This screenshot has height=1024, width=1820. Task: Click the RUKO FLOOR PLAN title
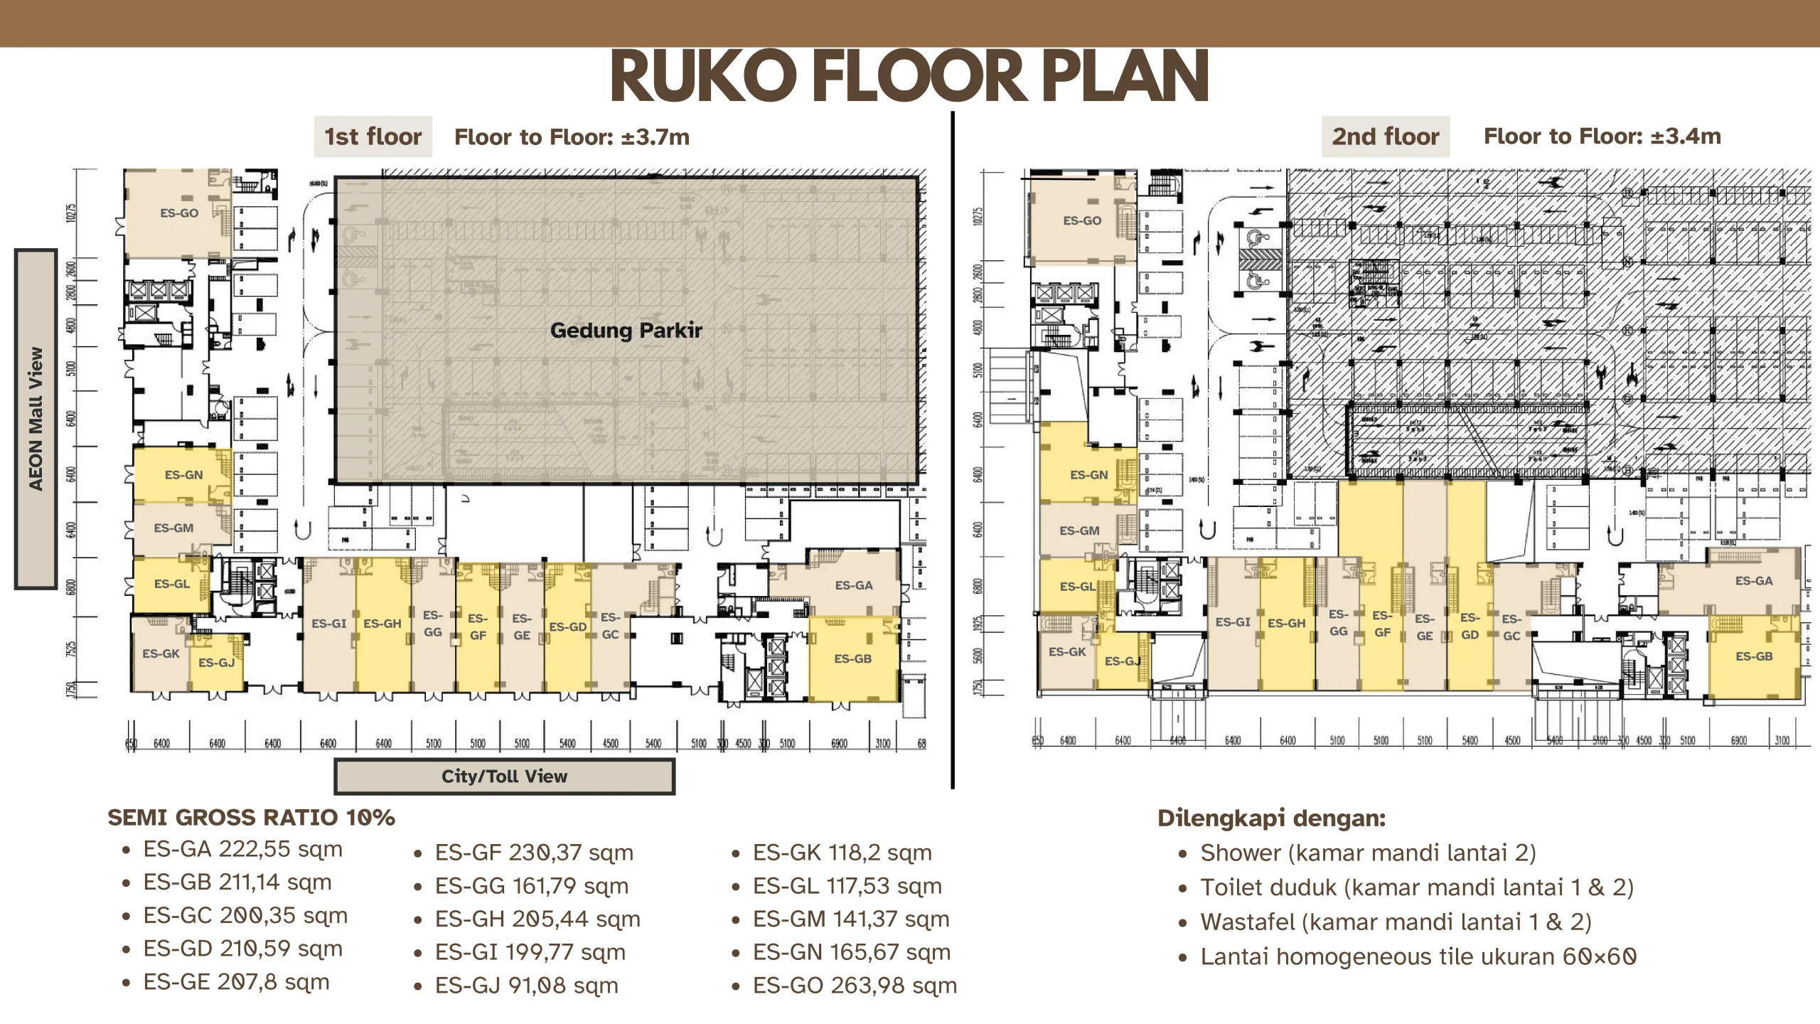click(x=909, y=77)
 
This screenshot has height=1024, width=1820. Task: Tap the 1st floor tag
click(x=373, y=137)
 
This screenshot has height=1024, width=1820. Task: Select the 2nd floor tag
click(x=1385, y=137)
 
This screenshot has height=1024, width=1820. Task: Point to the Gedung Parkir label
click(x=626, y=330)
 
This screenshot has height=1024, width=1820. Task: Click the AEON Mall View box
click(x=36, y=419)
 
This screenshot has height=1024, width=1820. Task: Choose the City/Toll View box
click(x=504, y=776)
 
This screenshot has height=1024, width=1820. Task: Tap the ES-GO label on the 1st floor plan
click(x=179, y=213)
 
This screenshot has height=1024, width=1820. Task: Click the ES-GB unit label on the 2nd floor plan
click(x=1754, y=656)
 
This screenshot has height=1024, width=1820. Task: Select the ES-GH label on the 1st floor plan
click(x=382, y=624)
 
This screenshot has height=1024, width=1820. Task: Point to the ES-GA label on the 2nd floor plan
click(x=1754, y=581)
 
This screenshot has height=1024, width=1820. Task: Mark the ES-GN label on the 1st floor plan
click(x=183, y=474)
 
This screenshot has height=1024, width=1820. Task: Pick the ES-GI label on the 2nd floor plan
click(x=1233, y=622)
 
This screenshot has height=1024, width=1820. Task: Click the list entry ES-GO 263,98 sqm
click(x=855, y=986)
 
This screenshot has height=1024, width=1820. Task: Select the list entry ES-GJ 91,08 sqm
click(x=526, y=986)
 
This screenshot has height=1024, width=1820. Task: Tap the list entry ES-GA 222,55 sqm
click(x=242, y=849)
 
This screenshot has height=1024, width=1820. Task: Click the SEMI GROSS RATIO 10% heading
click(x=251, y=818)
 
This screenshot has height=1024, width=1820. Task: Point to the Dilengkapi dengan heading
click(x=1271, y=818)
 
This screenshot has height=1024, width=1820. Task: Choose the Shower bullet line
click(x=1368, y=853)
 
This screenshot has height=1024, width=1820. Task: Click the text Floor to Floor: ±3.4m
click(x=1602, y=137)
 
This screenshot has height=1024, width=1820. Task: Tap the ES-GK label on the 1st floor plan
click(x=161, y=654)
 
